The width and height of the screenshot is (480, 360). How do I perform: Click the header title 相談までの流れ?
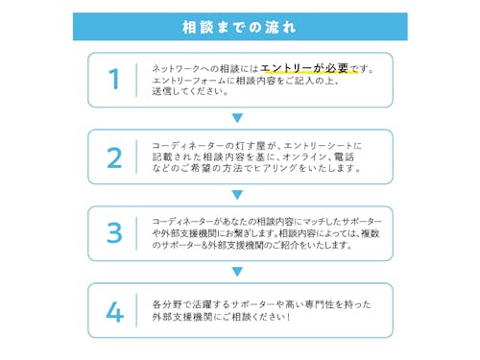[x=239, y=26]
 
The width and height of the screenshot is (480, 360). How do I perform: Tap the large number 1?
[x=115, y=80]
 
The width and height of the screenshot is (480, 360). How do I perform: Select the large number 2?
[x=115, y=156]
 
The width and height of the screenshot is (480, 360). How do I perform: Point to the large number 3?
[x=115, y=233]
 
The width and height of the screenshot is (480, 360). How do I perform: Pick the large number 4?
[x=115, y=310]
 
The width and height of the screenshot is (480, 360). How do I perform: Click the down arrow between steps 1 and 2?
[x=238, y=118]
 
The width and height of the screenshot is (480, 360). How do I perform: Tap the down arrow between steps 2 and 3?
[x=238, y=195]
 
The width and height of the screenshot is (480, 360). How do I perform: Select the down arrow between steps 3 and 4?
[x=238, y=272]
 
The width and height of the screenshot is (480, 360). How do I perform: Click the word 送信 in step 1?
[x=161, y=92]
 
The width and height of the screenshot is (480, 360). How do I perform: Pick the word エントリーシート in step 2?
[x=328, y=145]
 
